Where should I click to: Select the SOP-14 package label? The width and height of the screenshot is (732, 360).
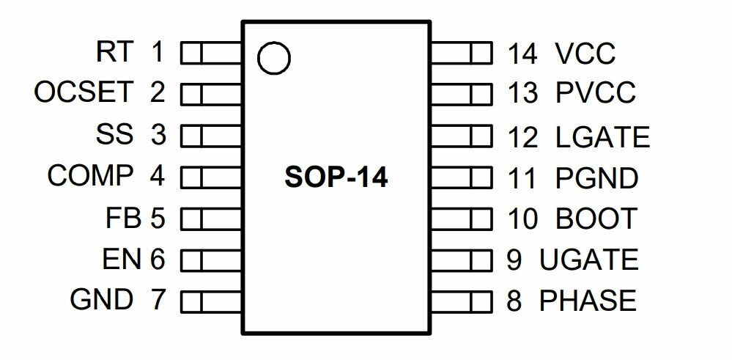coord(336,178)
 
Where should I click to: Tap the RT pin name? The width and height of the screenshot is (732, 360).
coord(115,51)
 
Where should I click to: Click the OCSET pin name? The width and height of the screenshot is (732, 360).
coord(84,92)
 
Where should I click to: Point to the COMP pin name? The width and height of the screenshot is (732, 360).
coord(90,175)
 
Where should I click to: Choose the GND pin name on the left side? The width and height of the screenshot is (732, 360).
coord(101,299)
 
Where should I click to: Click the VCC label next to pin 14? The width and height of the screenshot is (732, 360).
coord(585,54)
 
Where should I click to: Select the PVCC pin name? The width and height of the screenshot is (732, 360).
coord(595,92)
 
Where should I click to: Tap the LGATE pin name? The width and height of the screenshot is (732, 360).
coord(603,137)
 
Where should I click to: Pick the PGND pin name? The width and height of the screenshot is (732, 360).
coord(596,178)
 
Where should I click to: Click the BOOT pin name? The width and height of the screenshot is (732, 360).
coord(596,218)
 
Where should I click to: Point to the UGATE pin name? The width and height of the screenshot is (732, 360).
coord(589,260)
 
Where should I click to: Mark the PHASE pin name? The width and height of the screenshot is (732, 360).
coord(588,300)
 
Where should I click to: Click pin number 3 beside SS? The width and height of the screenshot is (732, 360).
coord(158,134)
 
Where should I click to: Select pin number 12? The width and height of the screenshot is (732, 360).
coord(523,137)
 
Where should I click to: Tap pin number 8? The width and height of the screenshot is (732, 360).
coord(514,300)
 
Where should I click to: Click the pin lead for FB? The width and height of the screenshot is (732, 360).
coord(211,218)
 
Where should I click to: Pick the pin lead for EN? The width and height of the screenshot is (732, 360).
coord(211,260)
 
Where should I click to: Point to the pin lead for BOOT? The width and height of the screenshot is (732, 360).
coord(461,218)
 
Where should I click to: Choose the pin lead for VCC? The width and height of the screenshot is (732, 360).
coord(461,53)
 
